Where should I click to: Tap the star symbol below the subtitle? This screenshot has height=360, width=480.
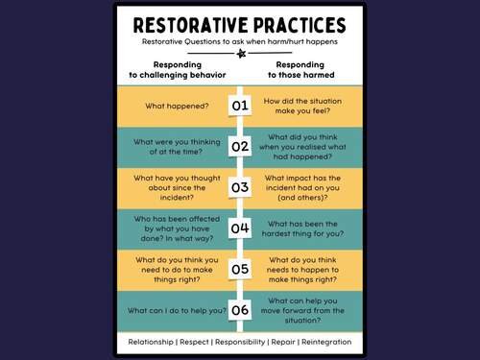(x=240, y=56)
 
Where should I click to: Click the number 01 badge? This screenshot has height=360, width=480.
(x=240, y=106)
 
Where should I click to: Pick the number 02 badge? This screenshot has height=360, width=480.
(x=240, y=147)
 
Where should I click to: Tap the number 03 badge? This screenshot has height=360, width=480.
(x=240, y=187)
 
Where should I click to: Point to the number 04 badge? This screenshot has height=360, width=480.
(x=240, y=228)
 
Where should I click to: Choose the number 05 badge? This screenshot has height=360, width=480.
(x=240, y=270)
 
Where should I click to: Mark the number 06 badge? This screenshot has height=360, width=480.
(x=240, y=311)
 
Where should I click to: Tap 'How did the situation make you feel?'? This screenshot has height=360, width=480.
(x=301, y=106)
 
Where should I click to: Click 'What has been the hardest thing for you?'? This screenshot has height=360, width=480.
(x=301, y=228)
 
